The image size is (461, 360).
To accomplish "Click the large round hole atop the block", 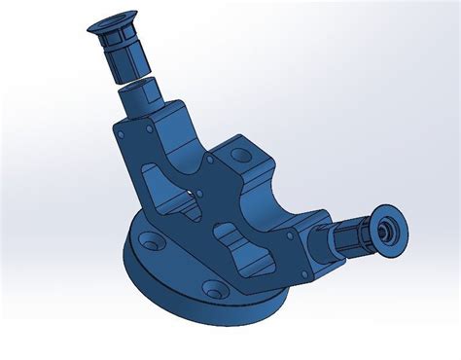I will tap(235, 154).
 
